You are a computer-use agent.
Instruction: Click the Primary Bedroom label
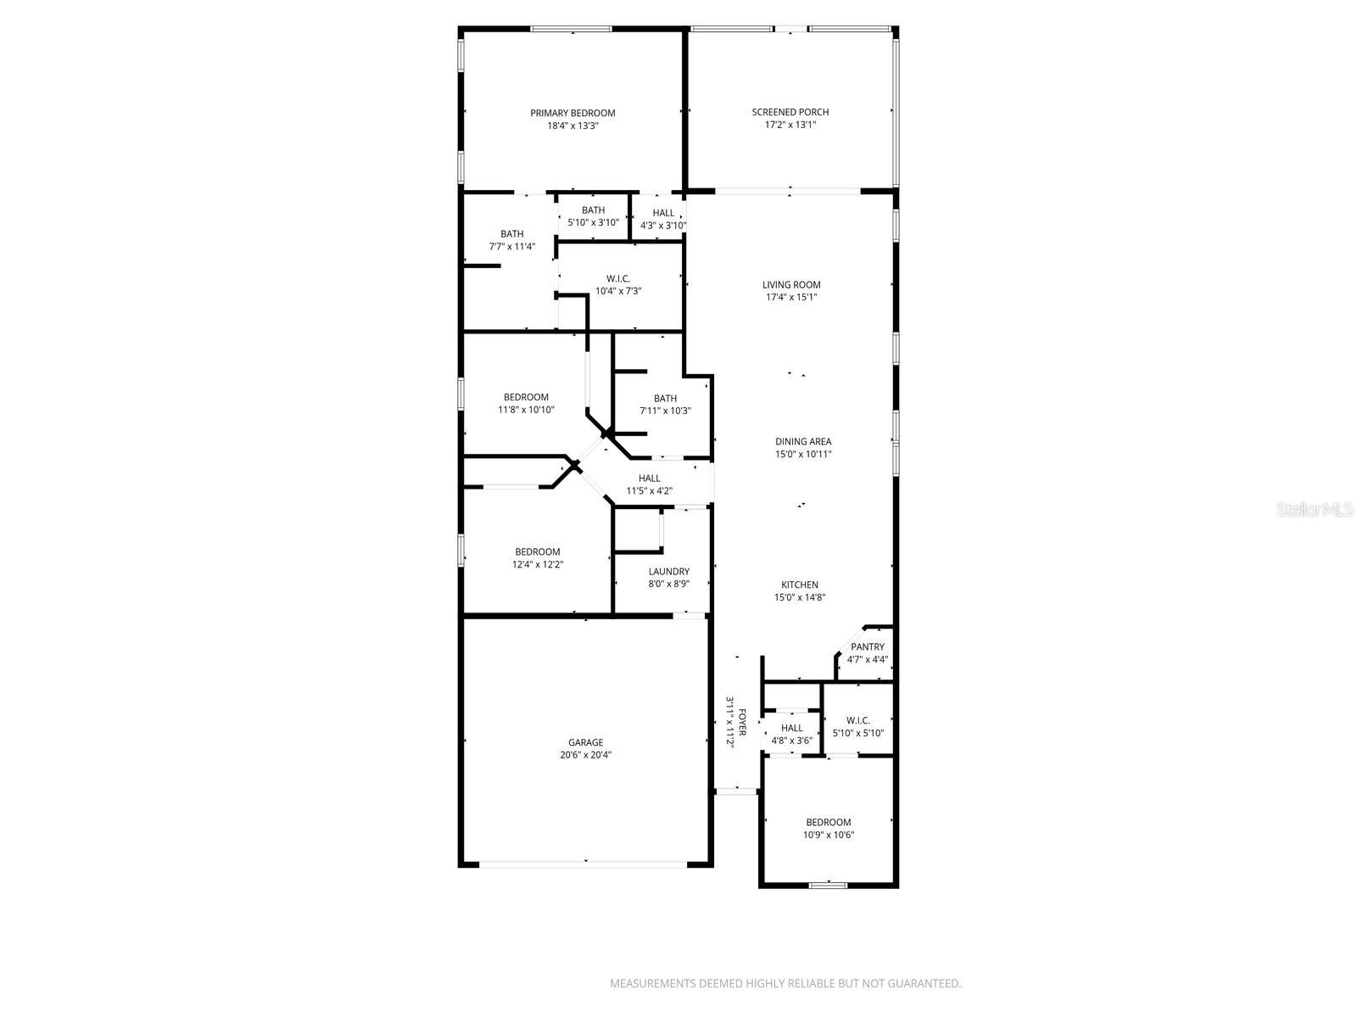[x=572, y=113]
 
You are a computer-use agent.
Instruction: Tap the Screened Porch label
[x=790, y=112]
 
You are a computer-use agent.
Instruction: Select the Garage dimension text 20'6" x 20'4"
[x=585, y=754]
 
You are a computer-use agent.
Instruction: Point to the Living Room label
[x=791, y=285]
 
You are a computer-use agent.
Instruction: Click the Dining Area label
[x=802, y=441]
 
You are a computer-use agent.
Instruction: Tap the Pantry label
[x=868, y=647]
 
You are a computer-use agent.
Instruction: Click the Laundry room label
[x=668, y=572]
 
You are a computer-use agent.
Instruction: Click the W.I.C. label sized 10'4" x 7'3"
[x=617, y=279]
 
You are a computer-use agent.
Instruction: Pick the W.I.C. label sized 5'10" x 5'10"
[x=857, y=721]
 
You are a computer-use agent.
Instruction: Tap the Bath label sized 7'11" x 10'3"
[x=665, y=399]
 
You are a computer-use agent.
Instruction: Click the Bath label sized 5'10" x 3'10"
[x=593, y=210]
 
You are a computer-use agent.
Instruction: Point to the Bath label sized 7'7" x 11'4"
[x=511, y=234]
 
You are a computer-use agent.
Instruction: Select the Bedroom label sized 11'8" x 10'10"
[x=526, y=397]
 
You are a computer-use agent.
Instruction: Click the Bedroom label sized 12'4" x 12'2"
[x=537, y=552]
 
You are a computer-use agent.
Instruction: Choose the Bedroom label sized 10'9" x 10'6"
[x=828, y=822]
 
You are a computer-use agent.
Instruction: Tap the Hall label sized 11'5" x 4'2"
[x=649, y=478]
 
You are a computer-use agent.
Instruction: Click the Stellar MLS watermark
[x=1320, y=510]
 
